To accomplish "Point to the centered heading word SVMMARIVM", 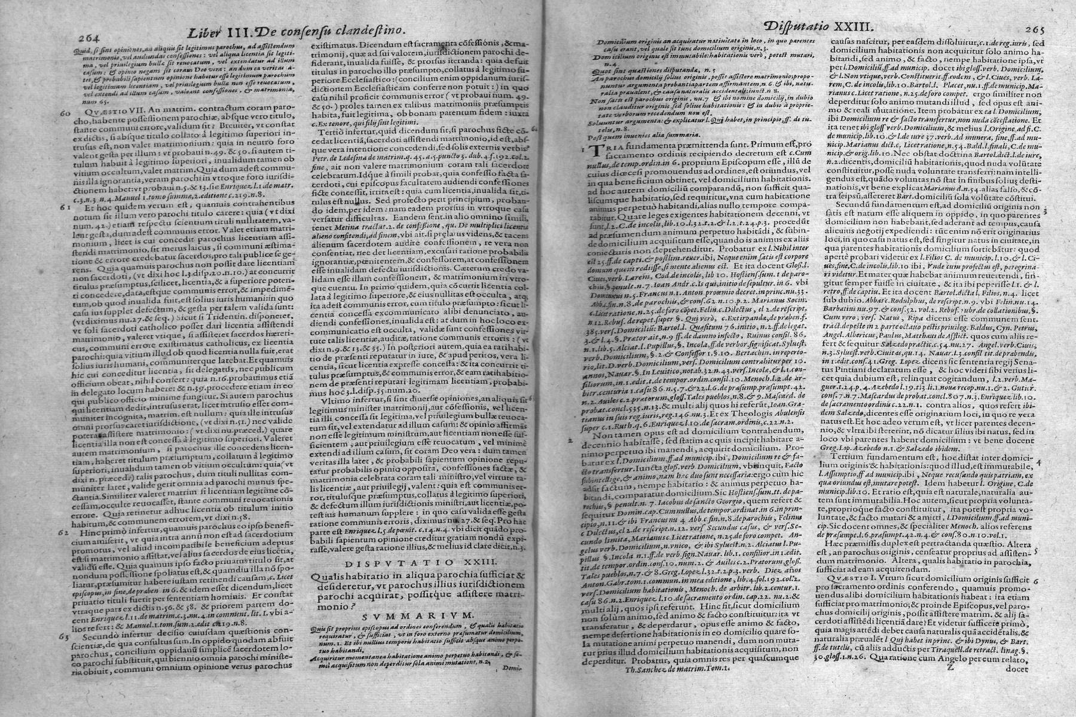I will [417, 614].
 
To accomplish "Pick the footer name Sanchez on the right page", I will [677, 669].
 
